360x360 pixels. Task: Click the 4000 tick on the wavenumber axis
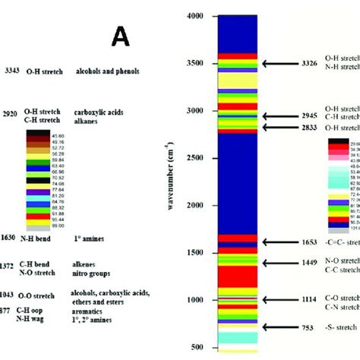(x=194, y=15)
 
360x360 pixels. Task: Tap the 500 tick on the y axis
(x=197, y=347)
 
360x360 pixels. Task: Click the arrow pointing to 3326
(x=279, y=64)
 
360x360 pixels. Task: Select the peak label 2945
(x=310, y=116)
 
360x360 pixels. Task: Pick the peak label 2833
(x=310, y=128)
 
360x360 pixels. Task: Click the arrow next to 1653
(x=279, y=242)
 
